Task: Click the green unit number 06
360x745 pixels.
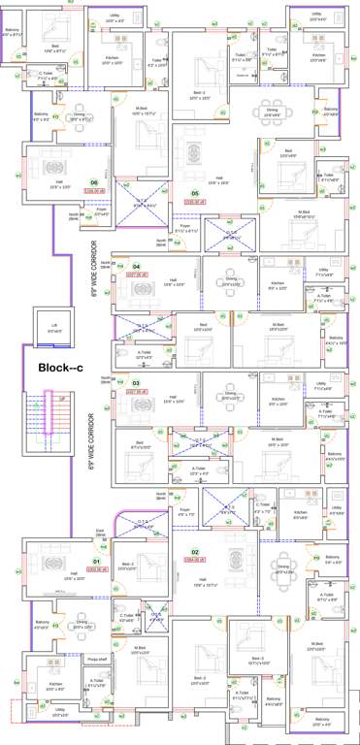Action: (94, 182)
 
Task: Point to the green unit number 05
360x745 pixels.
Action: (195, 193)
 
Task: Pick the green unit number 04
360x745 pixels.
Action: (137, 266)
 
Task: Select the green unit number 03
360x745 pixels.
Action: (137, 382)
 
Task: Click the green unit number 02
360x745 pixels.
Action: (195, 552)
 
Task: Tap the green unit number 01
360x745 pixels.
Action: (96, 562)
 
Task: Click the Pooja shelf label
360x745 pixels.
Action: (96, 658)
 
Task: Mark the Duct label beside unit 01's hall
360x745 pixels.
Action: (100, 532)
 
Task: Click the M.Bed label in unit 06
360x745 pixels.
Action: (142, 108)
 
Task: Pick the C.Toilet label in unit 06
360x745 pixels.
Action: (45, 75)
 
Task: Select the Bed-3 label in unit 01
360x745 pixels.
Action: (128, 565)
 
